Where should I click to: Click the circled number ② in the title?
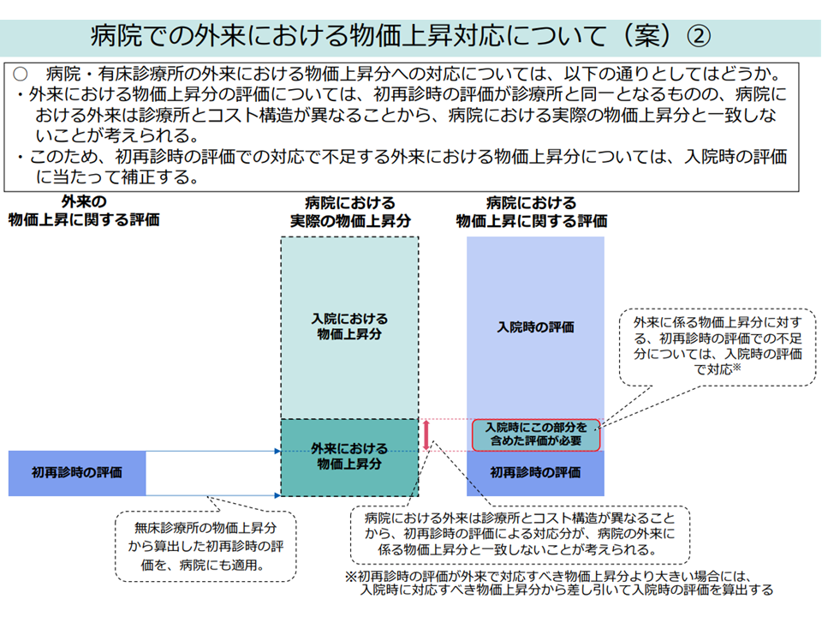point(699,37)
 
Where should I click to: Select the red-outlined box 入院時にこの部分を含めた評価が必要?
point(536,434)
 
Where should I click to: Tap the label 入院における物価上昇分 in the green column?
point(349,326)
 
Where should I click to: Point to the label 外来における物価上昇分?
point(349,456)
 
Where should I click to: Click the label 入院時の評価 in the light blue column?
point(535,327)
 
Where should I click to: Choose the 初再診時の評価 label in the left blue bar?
point(76,472)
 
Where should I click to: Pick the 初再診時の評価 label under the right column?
point(535,472)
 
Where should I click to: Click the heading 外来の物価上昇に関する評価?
point(84,212)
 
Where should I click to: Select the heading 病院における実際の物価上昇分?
point(349,212)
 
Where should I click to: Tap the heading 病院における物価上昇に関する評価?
point(532,212)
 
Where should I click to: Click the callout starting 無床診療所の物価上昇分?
point(205,546)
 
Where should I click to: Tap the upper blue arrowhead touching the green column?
point(277,451)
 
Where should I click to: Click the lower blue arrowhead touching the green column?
point(277,495)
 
